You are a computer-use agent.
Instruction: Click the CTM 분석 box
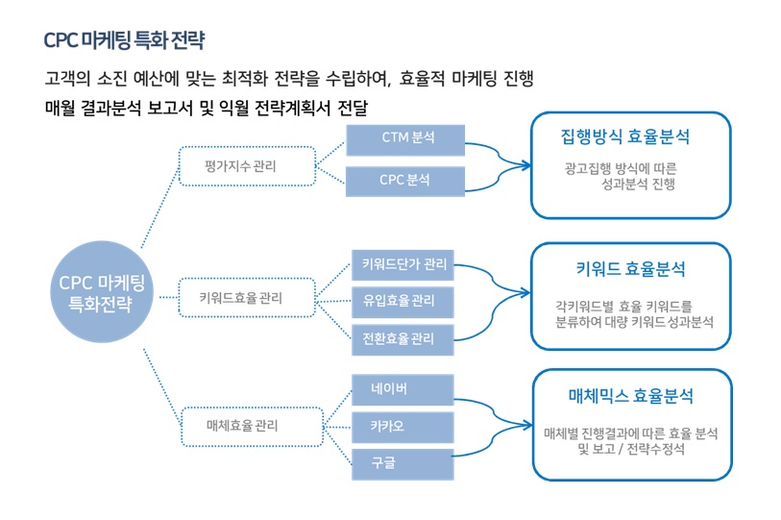click(x=405, y=140)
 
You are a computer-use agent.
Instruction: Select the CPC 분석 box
click(x=405, y=181)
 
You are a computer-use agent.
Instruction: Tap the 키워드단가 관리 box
click(x=403, y=265)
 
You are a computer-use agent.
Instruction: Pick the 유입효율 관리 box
click(x=403, y=302)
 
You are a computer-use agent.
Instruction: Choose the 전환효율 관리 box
click(x=403, y=339)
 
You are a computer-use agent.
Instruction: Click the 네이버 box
click(x=403, y=389)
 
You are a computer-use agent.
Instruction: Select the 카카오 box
click(x=403, y=428)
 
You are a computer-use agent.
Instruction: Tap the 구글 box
click(x=403, y=464)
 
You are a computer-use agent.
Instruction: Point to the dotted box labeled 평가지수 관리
click(x=247, y=166)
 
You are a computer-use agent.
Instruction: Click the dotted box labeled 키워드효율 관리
click(x=247, y=298)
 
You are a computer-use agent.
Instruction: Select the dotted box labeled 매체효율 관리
click(x=252, y=427)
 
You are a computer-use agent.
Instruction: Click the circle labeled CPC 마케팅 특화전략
click(x=102, y=292)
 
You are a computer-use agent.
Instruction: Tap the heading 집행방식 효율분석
click(x=625, y=136)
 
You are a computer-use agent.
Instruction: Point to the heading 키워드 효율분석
click(x=630, y=269)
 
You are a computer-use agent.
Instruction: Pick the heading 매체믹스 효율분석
click(x=630, y=396)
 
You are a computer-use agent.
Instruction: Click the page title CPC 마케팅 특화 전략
click(x=124, y=40)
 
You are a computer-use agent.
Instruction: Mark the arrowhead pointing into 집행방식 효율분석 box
click(x=526, y=165)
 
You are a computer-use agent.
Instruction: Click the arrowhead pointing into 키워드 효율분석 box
click(x=525, y=292)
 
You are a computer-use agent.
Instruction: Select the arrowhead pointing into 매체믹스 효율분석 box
click(x=526, y=425)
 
